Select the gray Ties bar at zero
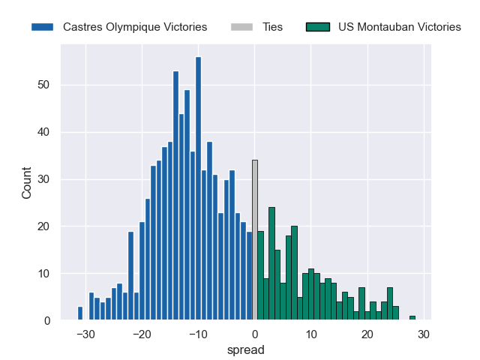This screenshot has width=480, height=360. [255, 240]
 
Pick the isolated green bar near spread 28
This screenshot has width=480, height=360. [412, 318]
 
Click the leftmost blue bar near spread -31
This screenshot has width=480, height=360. [80, 313]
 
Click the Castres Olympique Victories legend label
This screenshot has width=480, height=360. [135, 27]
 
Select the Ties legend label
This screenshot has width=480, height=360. [273, 27]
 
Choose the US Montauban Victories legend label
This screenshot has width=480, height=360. [400, 27]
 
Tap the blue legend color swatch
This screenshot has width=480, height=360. [42, 27]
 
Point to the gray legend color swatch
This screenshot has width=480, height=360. [243, 27]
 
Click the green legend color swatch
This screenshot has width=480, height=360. [319, 27]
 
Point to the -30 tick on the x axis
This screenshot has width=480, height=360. [85, 334]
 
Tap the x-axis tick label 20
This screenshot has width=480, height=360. [367, 334]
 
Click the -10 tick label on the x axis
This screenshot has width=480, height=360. [198, 334]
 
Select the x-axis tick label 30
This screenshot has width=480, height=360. [424, 334]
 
